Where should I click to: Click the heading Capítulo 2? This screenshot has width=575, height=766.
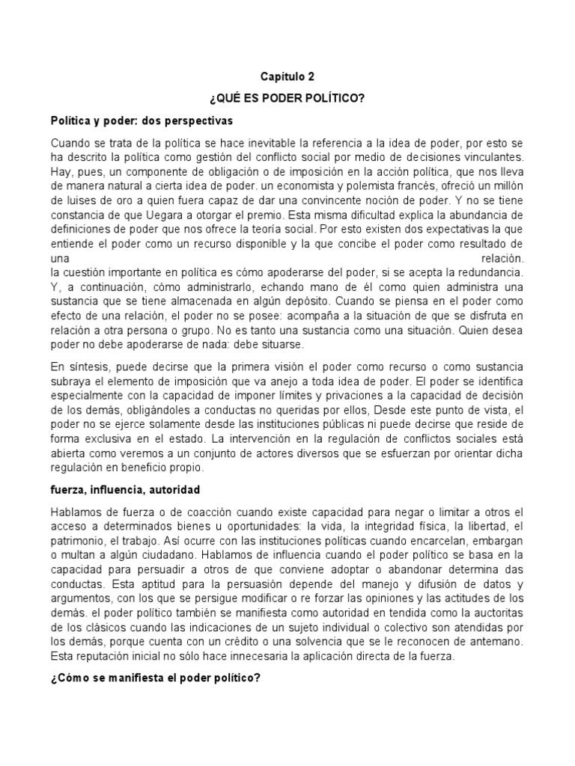(287, 76)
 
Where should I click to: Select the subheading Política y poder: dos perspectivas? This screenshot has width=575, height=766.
(142, 120)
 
